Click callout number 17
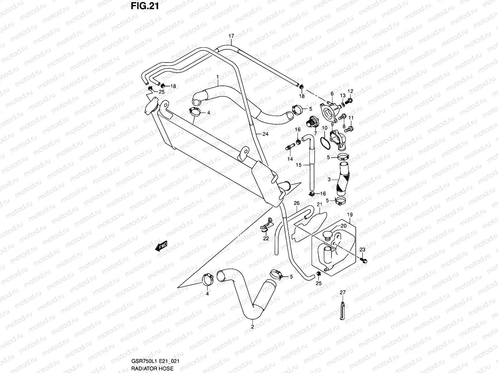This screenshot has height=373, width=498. point(231,36)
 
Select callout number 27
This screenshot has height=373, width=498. point(342,292)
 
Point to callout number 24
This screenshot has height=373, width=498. point(265,134)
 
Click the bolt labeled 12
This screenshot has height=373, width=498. point(350,100)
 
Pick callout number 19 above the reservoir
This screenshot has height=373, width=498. point(350,215)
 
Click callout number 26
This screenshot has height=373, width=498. point(297,203)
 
